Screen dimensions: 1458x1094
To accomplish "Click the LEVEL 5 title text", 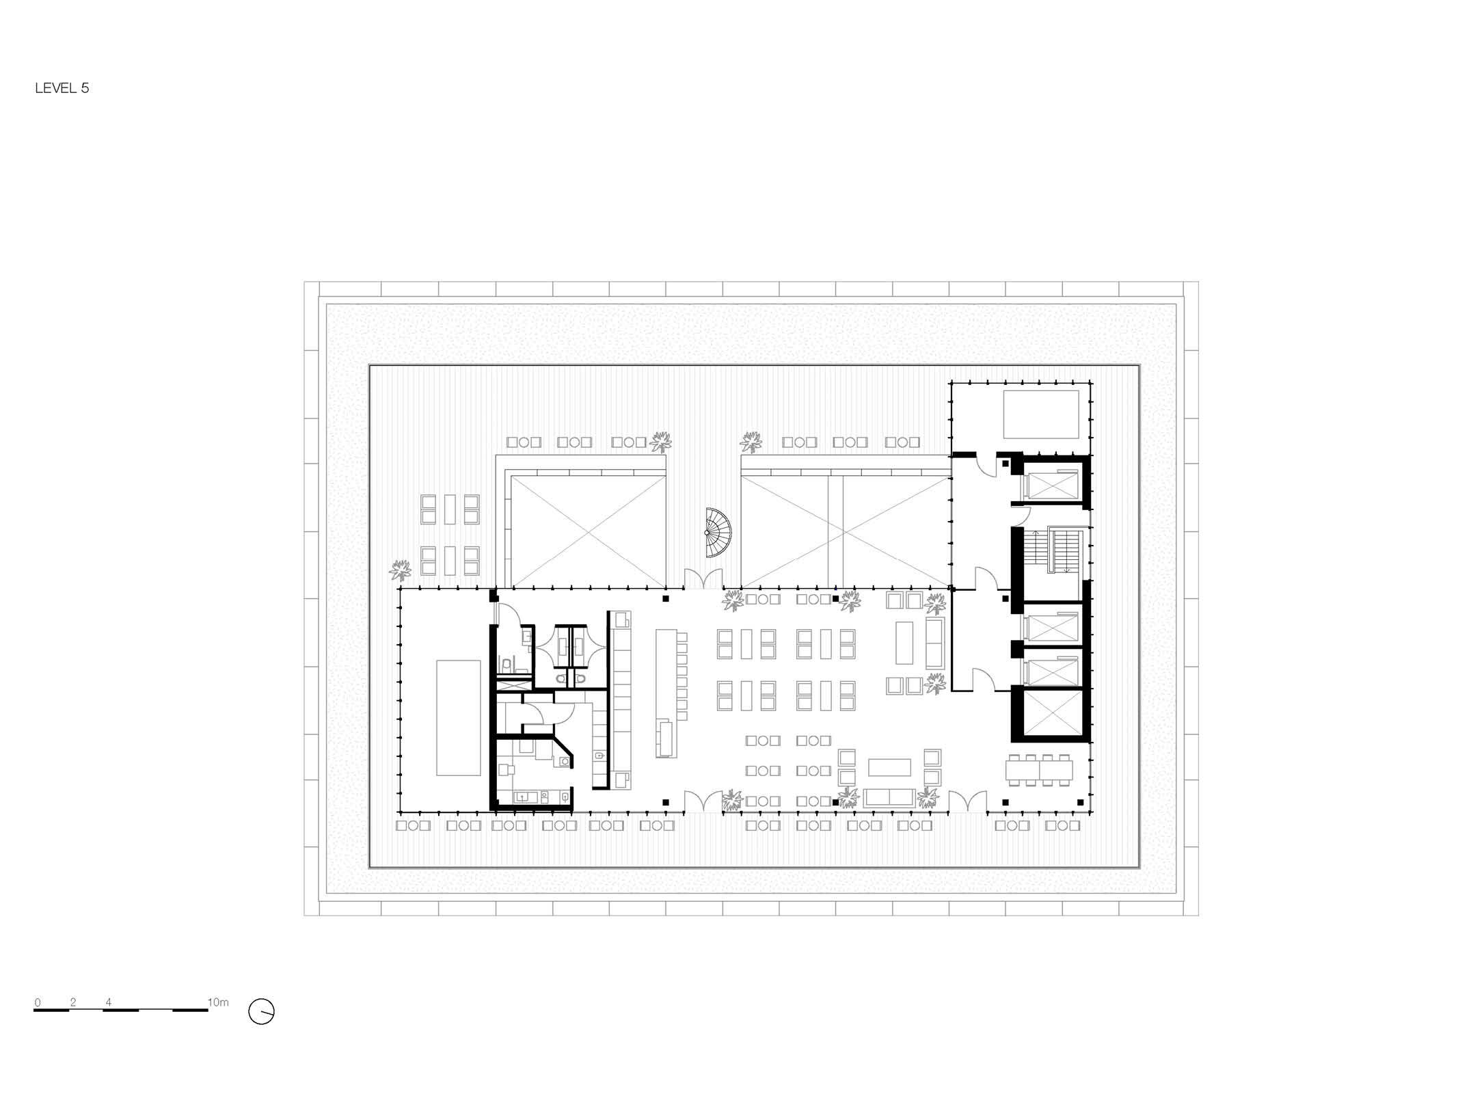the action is pos(62,88).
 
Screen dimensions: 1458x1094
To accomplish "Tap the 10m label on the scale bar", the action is pos(218,1002).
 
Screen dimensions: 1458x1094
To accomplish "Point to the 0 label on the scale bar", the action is pos(38,1003).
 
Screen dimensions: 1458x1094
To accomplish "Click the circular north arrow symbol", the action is pos(261,1012).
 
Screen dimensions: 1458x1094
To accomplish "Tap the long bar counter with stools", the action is pos(666,693).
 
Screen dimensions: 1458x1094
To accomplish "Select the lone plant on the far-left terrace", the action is pos(401,569).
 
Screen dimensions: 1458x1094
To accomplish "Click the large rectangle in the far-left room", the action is pos(458,717).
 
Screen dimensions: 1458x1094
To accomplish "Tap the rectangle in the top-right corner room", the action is pos(1041,414).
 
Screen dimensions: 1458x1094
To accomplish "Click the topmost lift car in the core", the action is pos(1050,485).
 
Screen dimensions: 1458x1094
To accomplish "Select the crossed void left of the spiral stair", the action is pos(588,531).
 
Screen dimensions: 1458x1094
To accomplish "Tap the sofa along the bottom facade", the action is pos(889,799).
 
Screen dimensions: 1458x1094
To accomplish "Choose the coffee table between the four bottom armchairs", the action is pos(889,767).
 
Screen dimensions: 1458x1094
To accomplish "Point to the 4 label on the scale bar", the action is pos(109,1003).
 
